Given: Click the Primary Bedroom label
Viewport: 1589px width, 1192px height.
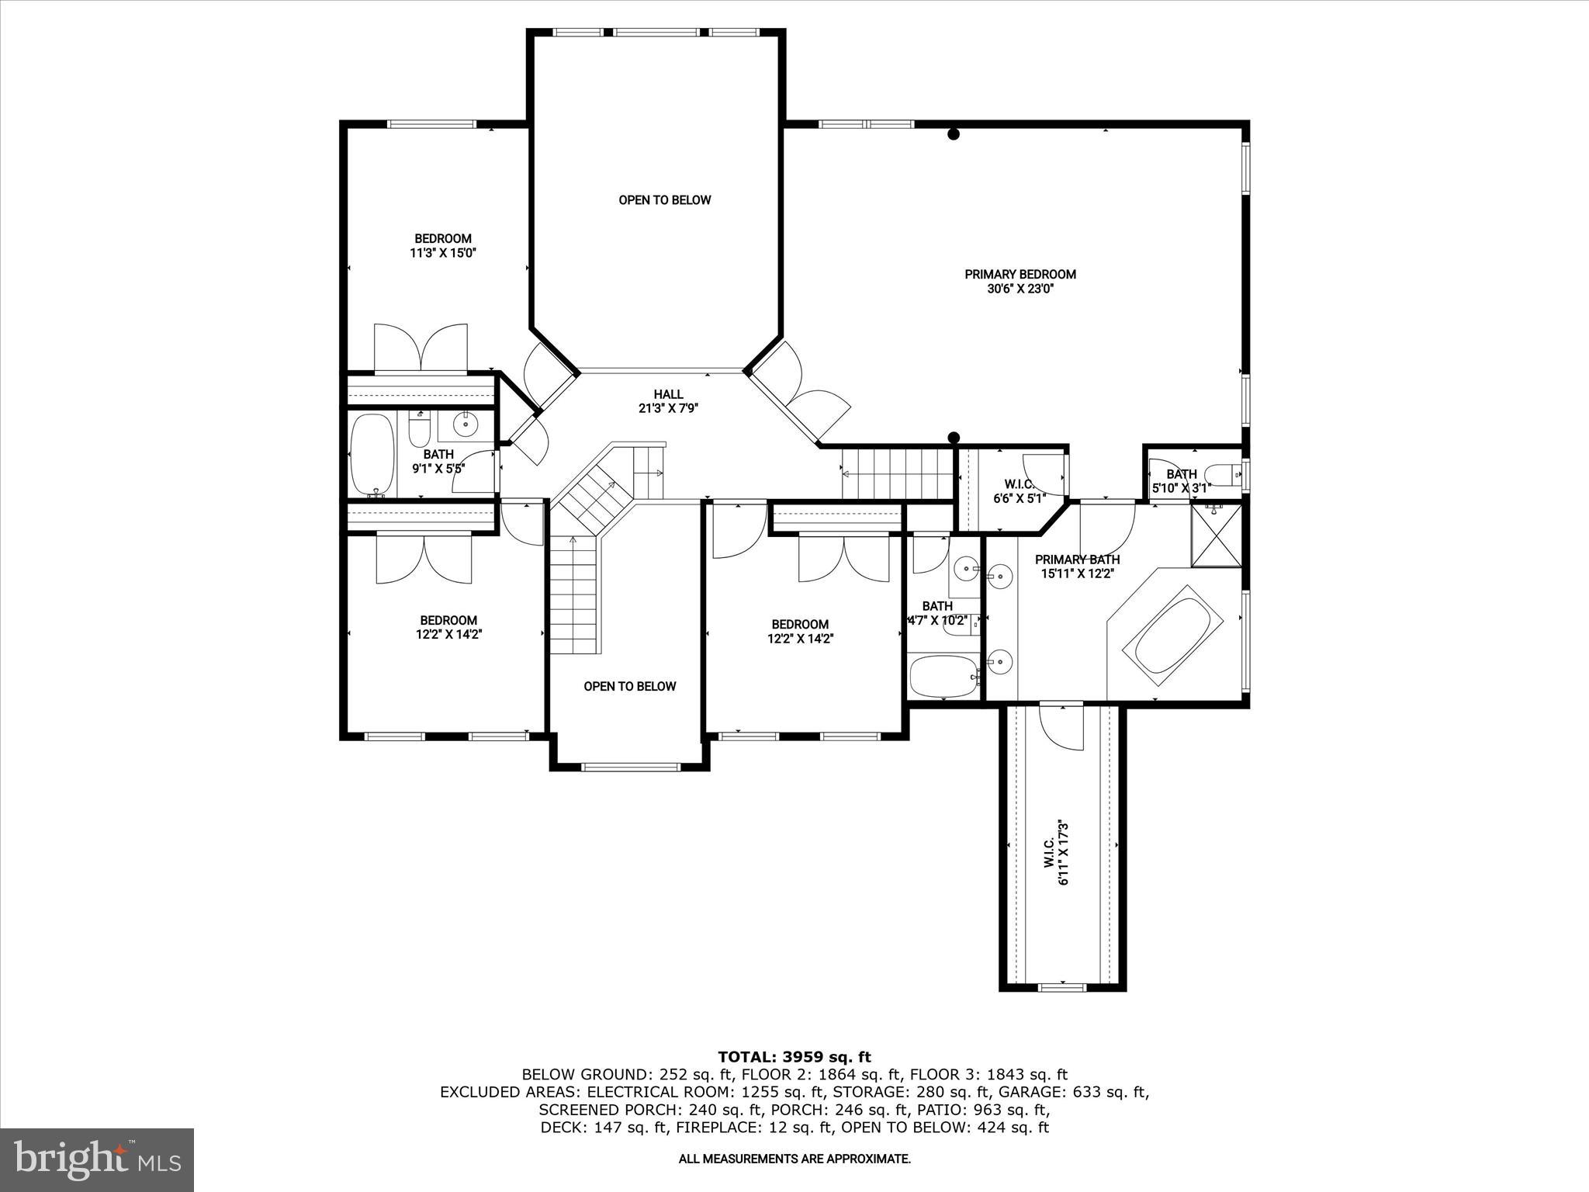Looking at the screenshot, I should click(1020, 274).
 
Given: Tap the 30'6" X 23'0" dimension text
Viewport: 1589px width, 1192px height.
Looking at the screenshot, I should click(1020, 289).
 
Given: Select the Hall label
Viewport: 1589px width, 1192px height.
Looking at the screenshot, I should click(668, 394).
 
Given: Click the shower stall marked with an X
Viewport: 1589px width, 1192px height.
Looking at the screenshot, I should click(1216, 535).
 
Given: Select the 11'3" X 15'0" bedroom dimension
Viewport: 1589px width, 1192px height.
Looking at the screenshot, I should click(442, 253).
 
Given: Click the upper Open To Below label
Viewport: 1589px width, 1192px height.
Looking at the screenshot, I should click(664, 200).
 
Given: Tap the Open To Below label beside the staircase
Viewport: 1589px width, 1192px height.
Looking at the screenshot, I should click(629, 686).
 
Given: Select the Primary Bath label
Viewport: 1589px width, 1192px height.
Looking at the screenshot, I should click(1077, 560).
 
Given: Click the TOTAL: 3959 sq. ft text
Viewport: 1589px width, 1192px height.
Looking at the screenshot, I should click(794, 1057).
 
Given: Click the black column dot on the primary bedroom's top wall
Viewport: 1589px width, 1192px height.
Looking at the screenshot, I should click(954, 134).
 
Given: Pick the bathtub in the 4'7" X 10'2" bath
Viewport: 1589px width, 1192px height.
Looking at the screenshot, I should click(942, 676).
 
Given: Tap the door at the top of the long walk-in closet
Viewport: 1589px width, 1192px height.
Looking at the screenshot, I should click(1061, 726).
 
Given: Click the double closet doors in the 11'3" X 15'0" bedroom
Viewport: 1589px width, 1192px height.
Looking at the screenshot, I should click(421, 348).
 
